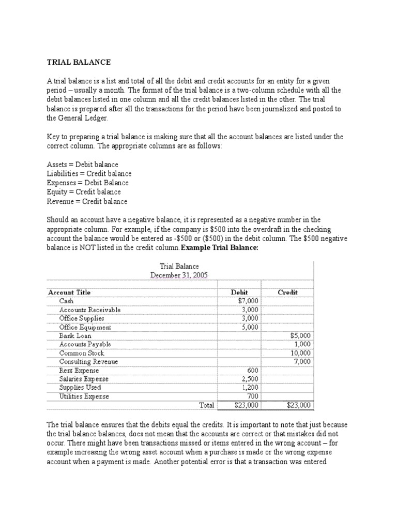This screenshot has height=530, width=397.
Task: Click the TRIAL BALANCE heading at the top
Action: [x=79, y=62]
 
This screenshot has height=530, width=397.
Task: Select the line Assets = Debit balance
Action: [x=82, y=165]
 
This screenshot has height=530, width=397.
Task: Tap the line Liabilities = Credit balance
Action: [x=89, y=174]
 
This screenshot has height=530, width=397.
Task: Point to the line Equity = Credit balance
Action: [x=84, y=192]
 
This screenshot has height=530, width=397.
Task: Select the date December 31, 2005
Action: [x=179, y=275]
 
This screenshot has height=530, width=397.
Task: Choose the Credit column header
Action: [x=287, y=292]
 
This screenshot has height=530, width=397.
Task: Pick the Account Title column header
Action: [x=69, y=292]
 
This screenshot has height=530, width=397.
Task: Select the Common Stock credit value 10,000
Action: [x=300, y=353]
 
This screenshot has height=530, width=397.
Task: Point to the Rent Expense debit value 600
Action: [x=252, y=371]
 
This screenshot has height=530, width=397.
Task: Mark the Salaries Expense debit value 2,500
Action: [x=250, y=379]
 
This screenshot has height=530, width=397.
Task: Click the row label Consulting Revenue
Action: [x=88, y=361]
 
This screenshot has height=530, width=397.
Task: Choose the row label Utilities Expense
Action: [x=84, y=396]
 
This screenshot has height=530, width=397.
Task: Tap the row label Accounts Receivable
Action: [x=90, y=310]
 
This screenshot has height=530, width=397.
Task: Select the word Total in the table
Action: [x=207, y=405]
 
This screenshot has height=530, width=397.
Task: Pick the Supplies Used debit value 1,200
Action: [x=250, y=388]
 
